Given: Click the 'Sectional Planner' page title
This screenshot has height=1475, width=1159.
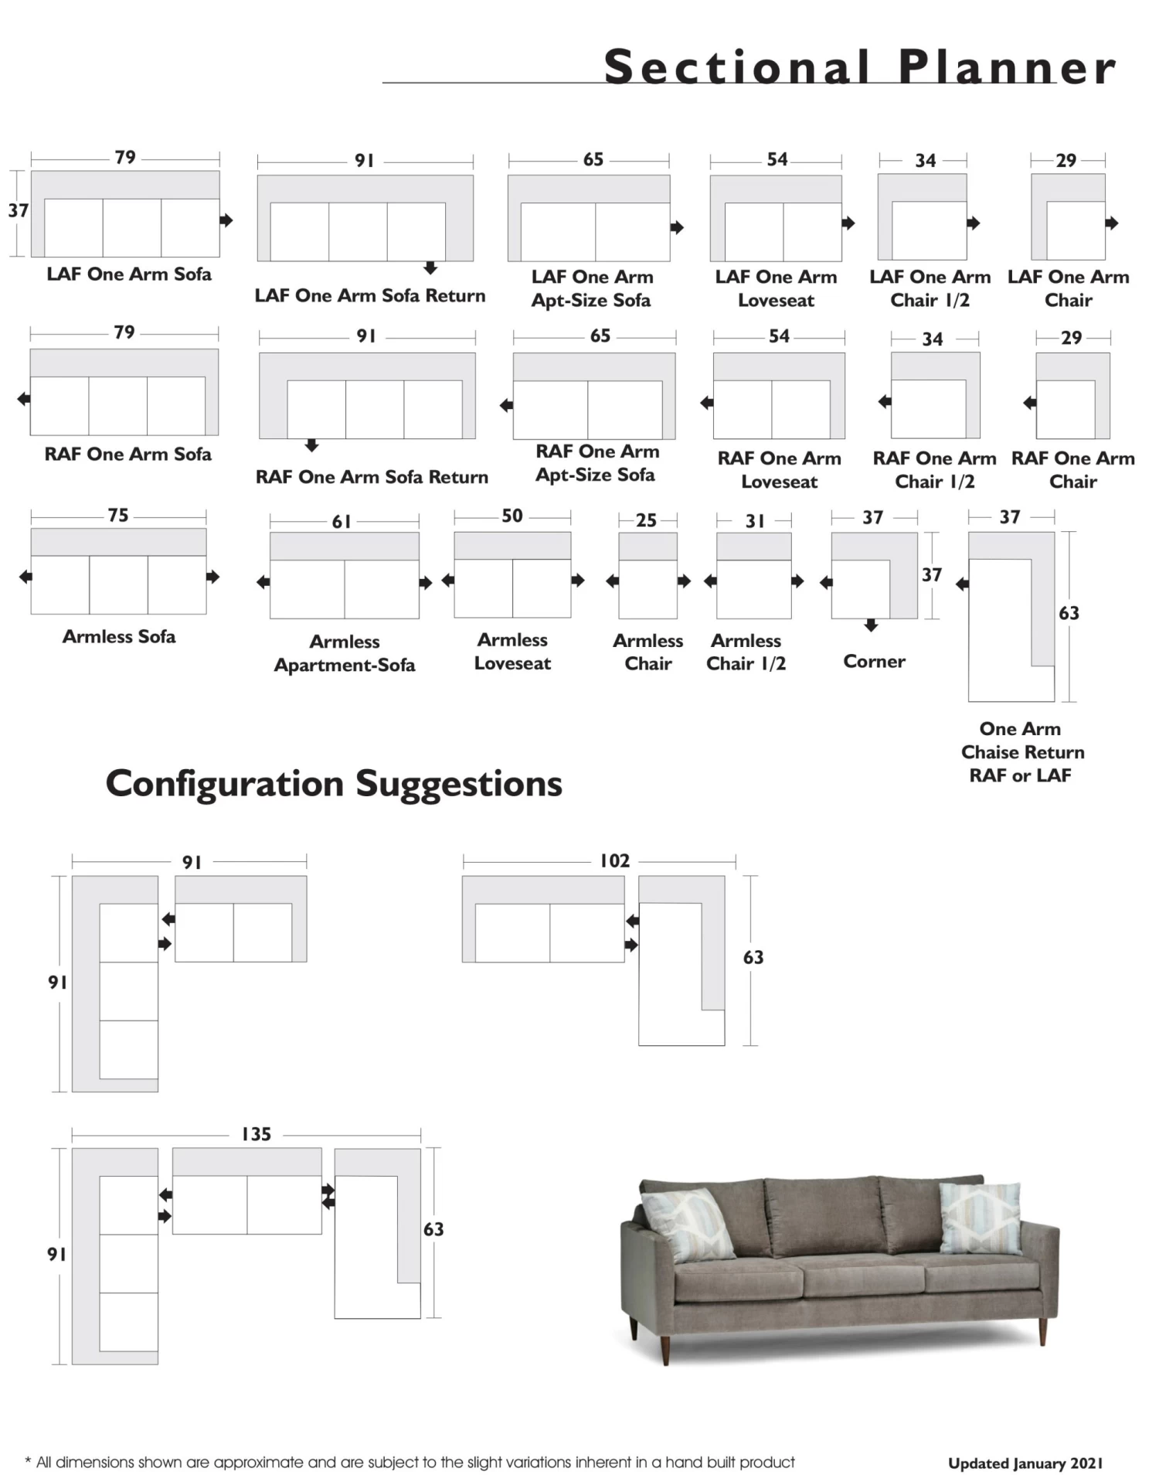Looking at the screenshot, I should coord(859,67).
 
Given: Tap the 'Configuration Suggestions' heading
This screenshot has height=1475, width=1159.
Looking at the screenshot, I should coord(334,783).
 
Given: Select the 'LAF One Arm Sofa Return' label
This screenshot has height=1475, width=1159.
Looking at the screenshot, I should coord(370,295).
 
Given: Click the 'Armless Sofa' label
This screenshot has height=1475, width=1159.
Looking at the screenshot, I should coord(119,636).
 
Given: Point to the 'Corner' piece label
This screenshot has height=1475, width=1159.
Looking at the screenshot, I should coord(874,661).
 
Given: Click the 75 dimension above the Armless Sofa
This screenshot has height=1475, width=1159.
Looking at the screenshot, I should coord(118,515).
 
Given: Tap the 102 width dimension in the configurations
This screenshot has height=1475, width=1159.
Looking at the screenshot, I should coord(615,860).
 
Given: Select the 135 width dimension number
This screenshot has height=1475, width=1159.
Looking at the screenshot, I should coord(257,1134).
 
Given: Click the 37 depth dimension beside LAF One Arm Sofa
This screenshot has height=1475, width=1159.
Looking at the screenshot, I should coord(18,210).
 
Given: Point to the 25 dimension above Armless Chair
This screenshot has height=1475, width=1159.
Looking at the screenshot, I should coord(647,520).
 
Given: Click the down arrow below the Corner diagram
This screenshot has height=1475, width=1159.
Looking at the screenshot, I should coord(872,625).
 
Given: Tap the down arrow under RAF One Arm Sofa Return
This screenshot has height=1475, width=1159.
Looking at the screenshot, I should coord(311,445).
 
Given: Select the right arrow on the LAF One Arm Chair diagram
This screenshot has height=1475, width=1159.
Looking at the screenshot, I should coord(1112,223).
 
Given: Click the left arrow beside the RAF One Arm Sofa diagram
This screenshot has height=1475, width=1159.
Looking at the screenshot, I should coord(24,399).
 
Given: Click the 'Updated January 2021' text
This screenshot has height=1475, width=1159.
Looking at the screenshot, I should coord(1025,1463).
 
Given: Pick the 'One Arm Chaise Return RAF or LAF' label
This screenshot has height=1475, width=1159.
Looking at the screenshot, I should coord(1021,751).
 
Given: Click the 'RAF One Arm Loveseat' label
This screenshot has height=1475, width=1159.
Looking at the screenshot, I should coord(779,469).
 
